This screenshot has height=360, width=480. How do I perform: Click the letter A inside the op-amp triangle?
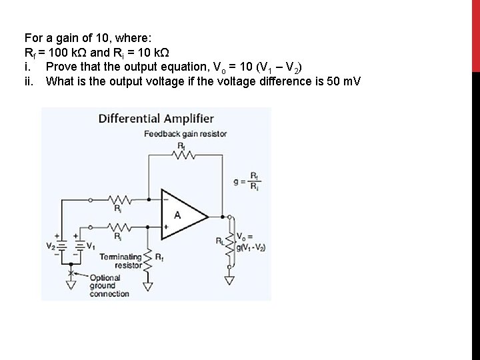coord(177,215)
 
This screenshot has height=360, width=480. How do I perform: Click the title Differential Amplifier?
coord(156,119)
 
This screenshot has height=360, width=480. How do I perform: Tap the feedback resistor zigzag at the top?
coord(183,155)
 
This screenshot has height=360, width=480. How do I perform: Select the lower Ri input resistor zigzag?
coord(121,227)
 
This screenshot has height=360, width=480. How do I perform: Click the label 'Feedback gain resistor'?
coord(185,134)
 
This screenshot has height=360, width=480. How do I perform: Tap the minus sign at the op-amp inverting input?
coord(166,199)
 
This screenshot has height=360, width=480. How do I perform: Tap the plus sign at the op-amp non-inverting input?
coord(166,227)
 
